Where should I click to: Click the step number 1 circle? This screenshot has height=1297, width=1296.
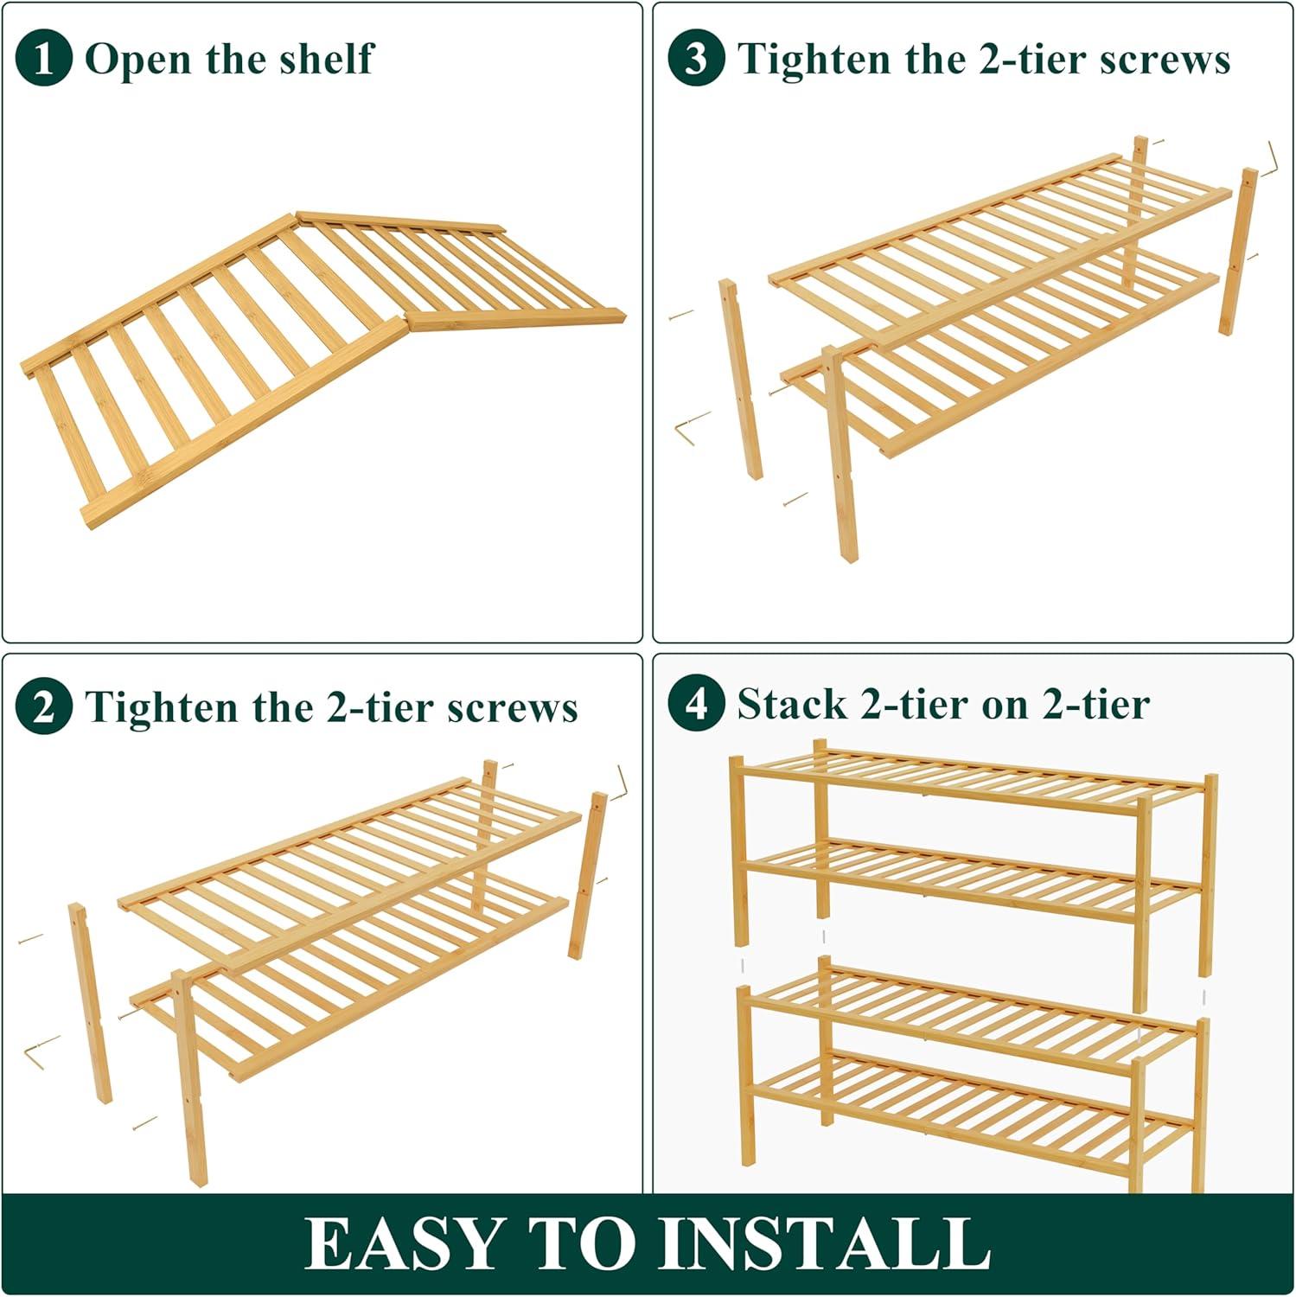43,58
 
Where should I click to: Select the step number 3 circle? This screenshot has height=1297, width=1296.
696,58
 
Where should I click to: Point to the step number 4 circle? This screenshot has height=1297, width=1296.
696,703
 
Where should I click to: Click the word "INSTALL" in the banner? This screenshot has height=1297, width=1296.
825,1243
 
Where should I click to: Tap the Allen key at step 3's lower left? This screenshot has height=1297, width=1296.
693,427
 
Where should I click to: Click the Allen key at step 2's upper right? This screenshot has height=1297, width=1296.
619,783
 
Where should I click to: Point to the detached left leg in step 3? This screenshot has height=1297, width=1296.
741,379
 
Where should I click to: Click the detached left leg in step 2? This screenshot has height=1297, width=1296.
91,1003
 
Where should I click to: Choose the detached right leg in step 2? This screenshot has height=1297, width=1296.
588,874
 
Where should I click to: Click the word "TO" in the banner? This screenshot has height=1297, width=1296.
581,1243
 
